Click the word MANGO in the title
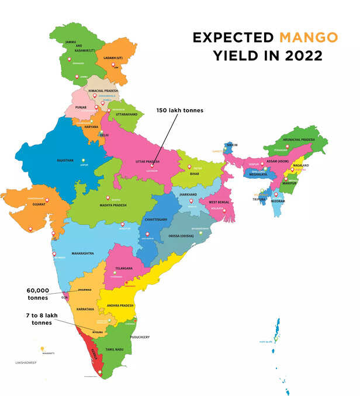click(309, 38)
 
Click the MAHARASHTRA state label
click(83, 253)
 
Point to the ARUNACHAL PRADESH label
click(300, 140)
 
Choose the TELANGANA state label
click(124, 268)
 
